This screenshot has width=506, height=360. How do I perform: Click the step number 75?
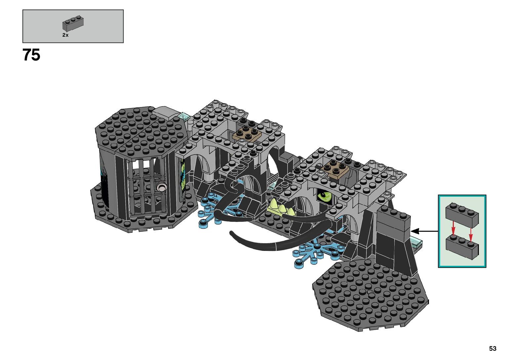(x=31, y=55)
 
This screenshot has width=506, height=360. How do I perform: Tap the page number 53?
(x=493, y=348)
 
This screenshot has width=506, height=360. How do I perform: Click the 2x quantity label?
(x=65, y=35)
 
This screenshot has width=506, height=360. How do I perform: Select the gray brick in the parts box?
(x=73, y=23)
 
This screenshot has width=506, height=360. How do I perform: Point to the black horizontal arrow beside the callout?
(x=424, y=231)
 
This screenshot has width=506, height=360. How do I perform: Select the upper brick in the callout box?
(x=462, y=215)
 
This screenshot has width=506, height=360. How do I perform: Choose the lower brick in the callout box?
(x=462, y=248)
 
